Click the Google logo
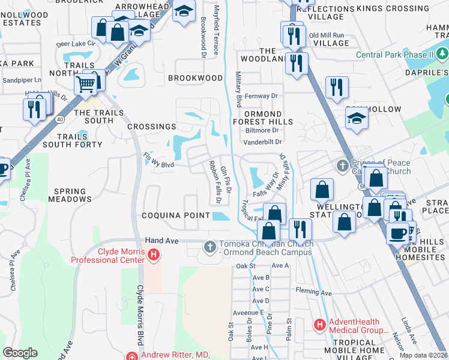20,353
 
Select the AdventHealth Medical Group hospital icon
320,325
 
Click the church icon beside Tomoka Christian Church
209,247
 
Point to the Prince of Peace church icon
343,165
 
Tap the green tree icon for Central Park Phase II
442,55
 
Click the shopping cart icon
86,85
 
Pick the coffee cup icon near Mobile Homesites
397,233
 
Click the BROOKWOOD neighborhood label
195,78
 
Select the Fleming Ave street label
313,292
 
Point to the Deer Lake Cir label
76,44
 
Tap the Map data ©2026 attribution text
423,355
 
